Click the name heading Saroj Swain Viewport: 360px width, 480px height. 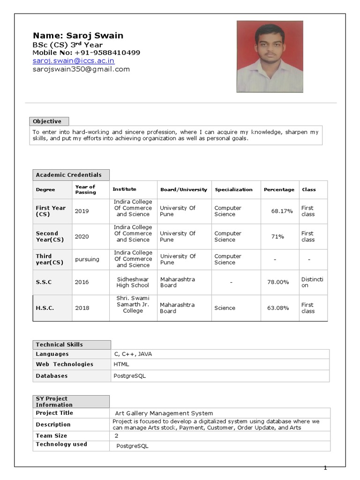pyautogui.click(x=78, y=36)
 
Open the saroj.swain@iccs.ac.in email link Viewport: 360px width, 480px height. pyautogui.click(x=73, y=61)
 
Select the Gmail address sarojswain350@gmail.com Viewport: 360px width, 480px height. pyautogui.click(x=81, y=69)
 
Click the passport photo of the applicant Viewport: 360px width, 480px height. pyautogui.click(x=270, y=56)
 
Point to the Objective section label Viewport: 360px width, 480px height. pyautogui.click(x=47, y=121)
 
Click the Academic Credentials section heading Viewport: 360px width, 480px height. pyautogui.click(x=68, y=175)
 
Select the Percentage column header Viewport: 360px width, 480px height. pyautogui.click(x=279, y=190)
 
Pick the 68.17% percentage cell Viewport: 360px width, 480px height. pyautogui.click(x=282, y=211)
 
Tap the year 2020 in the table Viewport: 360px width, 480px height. pyautogui.click(x=82, y=237)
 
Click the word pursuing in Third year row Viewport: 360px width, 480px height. pyautogui.click(x=87, y=259)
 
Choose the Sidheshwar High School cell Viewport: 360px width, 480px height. pyautogui.click(x=133, y=282)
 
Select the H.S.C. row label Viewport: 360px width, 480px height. pyautogui.click(x=45, y=308)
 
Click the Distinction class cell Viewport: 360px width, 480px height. pyautogui.click(x=312, y=282)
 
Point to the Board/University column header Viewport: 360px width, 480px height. pyautogui.click(x=183, y=190)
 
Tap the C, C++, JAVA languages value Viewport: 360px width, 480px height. pyautogui.click(x=133, y=354)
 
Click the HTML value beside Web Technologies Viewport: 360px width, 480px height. pyautogui.click(x=121, y=364)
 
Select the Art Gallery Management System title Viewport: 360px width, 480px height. pyautogui.click(x=164, y=413)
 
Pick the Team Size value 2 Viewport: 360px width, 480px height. pyautogui.click(x=116, y=436)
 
